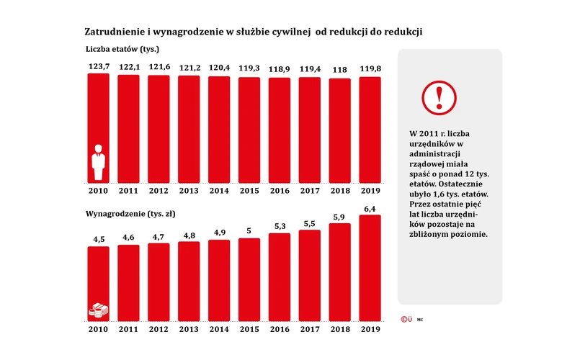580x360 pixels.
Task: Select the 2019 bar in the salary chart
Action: (370, 266)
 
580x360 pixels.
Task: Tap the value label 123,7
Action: (99, 66)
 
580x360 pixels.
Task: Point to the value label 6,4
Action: (370, 208)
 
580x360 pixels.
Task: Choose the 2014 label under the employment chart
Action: (219, 192)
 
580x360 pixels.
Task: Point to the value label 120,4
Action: (219, 68)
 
